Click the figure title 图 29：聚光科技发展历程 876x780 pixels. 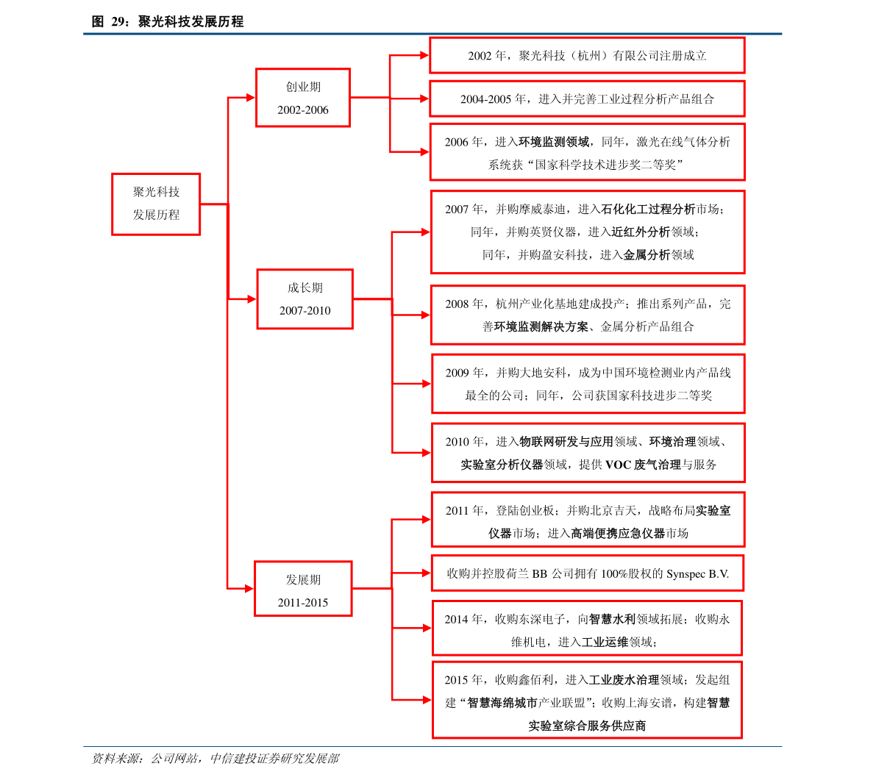click(x=168, y=22)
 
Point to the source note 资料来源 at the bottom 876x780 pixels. click(x=215, y=758)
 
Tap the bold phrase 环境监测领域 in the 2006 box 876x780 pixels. click(x=554, y=142)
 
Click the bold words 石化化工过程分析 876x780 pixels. click(x=647, y=210)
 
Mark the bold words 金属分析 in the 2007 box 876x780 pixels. click(x=647, y=254)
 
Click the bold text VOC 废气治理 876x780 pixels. click(x=643, y=465)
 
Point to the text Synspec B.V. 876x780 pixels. click(x=698, y=574)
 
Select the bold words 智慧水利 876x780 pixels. click(x=612, y=619)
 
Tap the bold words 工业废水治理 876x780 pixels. click(x=624, y=680)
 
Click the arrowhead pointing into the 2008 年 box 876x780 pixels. click(x=426, y=315)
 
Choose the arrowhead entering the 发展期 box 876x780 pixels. click(x=249, y=588)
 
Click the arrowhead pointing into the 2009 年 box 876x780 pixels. click(x=427, y=384)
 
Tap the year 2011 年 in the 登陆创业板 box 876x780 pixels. click(x=465, y=510)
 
